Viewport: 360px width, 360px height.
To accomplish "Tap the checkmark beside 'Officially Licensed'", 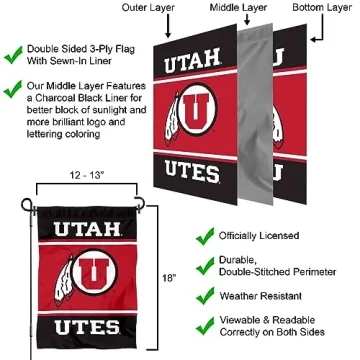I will pyautogui.click(x=204, y=237).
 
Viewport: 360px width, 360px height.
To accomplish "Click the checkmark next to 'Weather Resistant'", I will pyautogui.click(x=204, y=296).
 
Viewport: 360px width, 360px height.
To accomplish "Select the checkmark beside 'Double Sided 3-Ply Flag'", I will pyautogui.click(x=14, y=48).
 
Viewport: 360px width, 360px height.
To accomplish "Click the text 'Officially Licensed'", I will pyautogui.click(x=269, y=237).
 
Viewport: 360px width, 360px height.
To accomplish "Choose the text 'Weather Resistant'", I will pyautogui.click(x=268, y=296).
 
